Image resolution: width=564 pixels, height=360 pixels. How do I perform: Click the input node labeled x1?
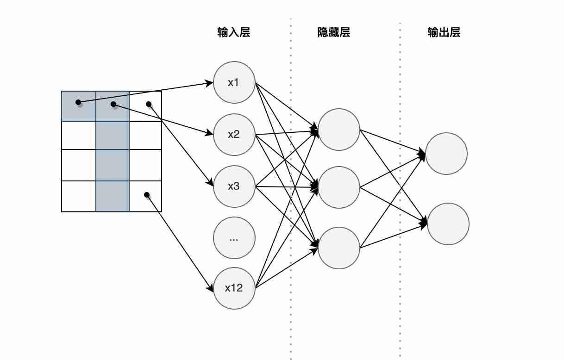234,82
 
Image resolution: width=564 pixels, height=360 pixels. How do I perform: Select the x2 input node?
234,135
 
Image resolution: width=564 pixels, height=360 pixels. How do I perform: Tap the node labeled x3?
234,186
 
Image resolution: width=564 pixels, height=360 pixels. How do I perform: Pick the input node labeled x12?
234,288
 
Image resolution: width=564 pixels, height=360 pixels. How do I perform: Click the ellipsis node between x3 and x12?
234,238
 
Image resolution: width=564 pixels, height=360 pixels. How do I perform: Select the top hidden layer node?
339,130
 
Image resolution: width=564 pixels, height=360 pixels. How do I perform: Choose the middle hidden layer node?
339,188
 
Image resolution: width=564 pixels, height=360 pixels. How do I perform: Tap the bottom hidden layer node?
339,248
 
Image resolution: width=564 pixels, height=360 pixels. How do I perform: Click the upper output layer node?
446,154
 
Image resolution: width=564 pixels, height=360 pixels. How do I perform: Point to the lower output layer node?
448,224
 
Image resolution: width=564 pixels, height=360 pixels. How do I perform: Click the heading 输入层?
234,32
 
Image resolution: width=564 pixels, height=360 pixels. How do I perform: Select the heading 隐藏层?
333,32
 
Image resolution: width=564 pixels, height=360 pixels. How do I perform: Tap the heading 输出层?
444,32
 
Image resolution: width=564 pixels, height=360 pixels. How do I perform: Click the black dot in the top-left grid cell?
78,102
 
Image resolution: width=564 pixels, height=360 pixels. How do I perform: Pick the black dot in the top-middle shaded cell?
113,105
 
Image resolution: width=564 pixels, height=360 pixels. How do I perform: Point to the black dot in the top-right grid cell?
148,104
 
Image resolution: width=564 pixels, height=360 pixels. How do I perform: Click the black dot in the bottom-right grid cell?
147,195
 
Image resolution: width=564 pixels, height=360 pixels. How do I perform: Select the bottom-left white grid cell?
79,196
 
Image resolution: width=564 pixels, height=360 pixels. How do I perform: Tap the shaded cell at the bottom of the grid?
113,196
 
